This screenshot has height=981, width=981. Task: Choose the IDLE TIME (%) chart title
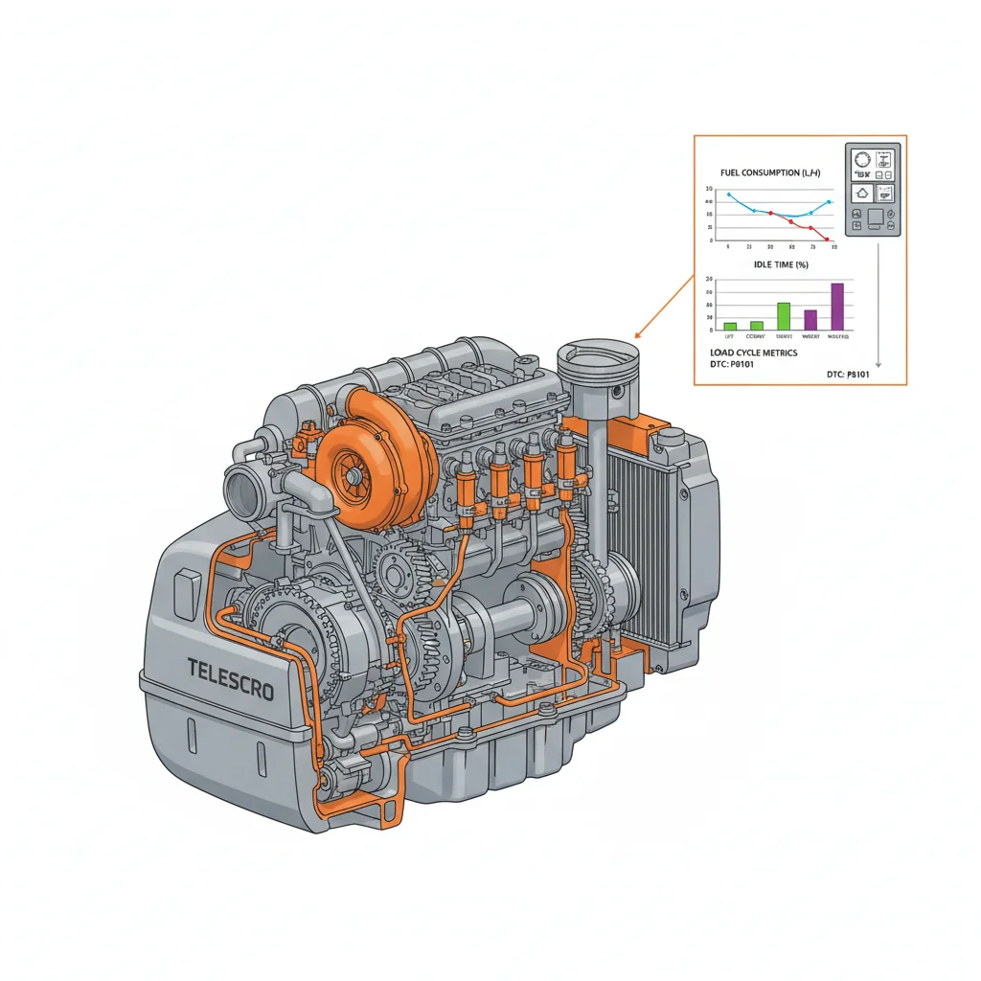pos(782,264)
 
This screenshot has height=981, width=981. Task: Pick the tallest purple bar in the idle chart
pos(836,307)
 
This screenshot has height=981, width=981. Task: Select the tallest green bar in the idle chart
pos(784,316)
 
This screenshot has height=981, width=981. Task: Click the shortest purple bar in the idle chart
pos(810,320)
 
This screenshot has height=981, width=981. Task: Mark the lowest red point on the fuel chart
pos(826,240)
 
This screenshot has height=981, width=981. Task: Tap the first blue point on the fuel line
pos(729,194)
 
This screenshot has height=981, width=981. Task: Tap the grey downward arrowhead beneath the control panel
pos(878,365)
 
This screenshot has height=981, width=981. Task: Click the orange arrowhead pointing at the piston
pos(639,335)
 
